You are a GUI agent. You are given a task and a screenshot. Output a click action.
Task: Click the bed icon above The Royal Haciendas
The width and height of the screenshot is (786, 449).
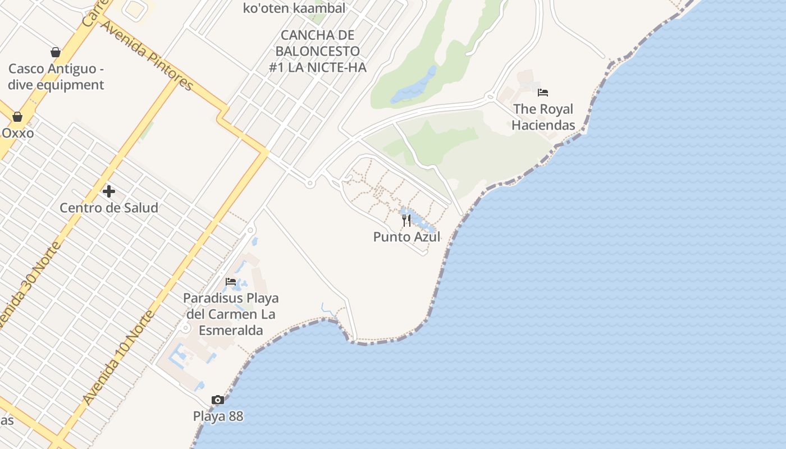coord(542,93)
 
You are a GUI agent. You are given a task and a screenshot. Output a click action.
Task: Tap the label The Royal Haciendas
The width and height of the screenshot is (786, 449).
coord(543,117)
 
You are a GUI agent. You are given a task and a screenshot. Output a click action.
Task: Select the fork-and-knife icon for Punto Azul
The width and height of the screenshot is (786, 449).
coord(406,221)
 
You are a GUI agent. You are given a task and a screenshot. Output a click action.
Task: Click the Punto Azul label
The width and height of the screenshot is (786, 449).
coord(406,237)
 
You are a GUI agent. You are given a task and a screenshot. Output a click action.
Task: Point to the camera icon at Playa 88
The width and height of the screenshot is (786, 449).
coord(218,400)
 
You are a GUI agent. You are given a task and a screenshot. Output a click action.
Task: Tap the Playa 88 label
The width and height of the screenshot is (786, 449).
coord(218,416)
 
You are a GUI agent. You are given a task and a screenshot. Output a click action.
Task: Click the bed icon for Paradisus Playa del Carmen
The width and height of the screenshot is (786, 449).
coord(231,282)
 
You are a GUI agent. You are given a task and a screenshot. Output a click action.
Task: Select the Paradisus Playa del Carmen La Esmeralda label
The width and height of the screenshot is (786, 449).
coord(231,314)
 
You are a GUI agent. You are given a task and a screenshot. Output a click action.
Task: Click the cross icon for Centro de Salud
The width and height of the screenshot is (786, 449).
coord(109,191)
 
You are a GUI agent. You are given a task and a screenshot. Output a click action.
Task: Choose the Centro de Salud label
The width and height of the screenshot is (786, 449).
coord(109,208)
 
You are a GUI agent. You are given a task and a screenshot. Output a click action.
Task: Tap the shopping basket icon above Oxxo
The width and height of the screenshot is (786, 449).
coord(17,117)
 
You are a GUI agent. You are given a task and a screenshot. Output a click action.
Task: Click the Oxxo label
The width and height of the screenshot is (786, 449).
coord(17,133)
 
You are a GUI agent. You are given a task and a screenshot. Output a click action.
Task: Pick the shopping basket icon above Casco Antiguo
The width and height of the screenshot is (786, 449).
coord(56,52)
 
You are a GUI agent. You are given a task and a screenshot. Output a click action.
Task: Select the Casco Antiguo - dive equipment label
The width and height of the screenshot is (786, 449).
coord(56,77)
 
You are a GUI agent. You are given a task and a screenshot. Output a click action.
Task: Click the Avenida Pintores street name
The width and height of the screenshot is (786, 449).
coord(147,56)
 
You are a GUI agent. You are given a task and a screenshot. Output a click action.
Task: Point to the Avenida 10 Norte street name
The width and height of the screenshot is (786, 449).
coord(117,358)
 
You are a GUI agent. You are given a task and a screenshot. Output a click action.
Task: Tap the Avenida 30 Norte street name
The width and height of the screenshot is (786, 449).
coord(31,286)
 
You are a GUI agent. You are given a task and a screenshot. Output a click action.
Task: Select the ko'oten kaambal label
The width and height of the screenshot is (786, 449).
coord(294,8)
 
